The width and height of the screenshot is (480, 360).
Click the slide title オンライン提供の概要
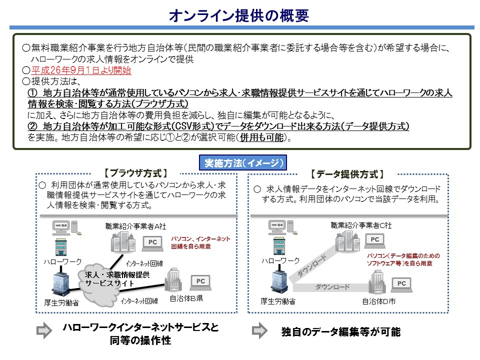tap(239, 15)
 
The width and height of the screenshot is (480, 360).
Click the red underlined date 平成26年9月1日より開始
tap(81, 70)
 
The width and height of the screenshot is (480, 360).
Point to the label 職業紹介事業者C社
tap(361, 225)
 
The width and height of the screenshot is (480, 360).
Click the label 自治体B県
tap(186, 299)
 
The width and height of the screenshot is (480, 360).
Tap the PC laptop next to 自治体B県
tap(200, 283)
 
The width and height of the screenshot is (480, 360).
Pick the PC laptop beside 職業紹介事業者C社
tap(373, 241)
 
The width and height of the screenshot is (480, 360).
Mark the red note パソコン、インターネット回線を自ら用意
tap(200, 242)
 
